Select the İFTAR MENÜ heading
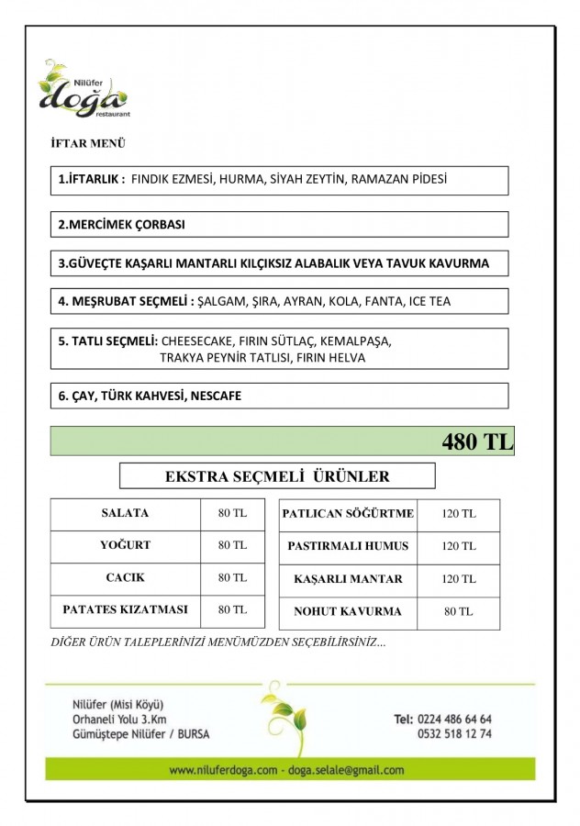[88, 143]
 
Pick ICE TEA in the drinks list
[429, 301]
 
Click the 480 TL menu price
[476, 441]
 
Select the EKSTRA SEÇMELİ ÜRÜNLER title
[276, 476]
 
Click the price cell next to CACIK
[232, 577]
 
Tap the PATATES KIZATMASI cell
[125, 609]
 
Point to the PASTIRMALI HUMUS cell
[348, 546]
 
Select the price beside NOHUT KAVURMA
[458, 611]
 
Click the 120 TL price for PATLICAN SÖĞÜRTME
[458, 514]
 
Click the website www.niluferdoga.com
[223, 770]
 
